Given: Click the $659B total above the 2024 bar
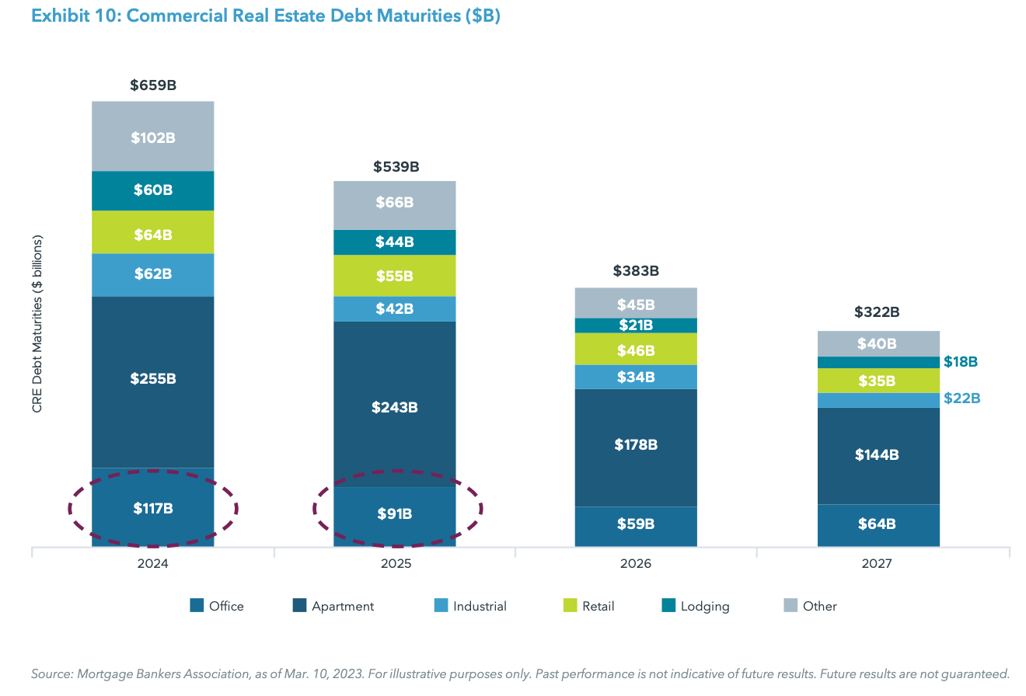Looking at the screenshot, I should tap(153, 85).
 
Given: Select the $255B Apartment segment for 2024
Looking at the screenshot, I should tap(153, 379).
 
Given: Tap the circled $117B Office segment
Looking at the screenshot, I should tap(153, 509).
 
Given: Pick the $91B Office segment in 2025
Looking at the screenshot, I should tap(395, 513).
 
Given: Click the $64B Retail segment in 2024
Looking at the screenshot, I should tap(153, 234).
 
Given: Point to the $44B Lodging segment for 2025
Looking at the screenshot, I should tap(395, 242).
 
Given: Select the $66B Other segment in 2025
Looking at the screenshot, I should tap(395, 203).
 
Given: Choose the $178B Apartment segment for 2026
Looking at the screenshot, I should tap(636, 445).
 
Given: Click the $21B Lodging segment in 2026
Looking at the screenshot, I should tap(636, 325).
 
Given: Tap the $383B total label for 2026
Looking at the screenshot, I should tap(636, 271).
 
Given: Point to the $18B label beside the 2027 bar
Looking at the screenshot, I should tap(961, 362).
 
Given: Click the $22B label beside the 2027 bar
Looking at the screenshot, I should tap(961, 398).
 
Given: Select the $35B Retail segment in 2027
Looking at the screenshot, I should tap(878, 381).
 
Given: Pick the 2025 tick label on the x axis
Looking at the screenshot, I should tap(395, 565).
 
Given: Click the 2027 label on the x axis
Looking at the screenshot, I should tap(878, 565).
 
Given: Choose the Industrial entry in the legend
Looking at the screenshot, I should tap(480, 606).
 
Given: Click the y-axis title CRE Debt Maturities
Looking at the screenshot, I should tap(37, 324).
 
